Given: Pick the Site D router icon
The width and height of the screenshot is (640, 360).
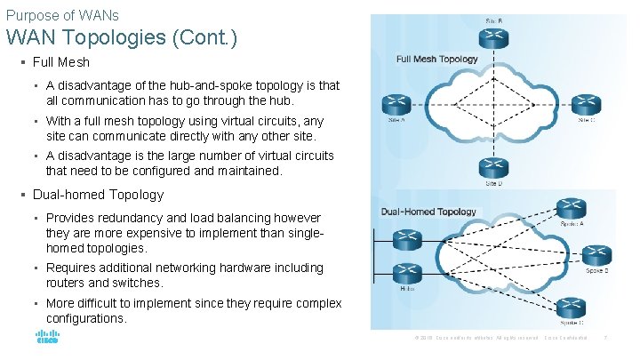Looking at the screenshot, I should pos(492,168).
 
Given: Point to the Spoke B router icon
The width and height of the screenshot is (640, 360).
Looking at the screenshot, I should pos(596,255).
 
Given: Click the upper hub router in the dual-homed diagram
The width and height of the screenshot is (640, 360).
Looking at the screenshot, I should pos(408,239).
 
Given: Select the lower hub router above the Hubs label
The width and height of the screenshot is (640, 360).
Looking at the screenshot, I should pos(408,272).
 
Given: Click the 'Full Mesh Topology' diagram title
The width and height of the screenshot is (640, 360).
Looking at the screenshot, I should pos(437,60).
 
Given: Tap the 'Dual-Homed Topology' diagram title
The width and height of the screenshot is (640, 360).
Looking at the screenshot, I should pos(428,212).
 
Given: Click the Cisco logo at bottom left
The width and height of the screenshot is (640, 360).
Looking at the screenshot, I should pos(47,338).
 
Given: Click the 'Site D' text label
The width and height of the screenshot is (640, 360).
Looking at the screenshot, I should pos(492,184).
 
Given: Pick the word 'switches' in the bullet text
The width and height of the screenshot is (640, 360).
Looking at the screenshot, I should pos(139,283).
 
